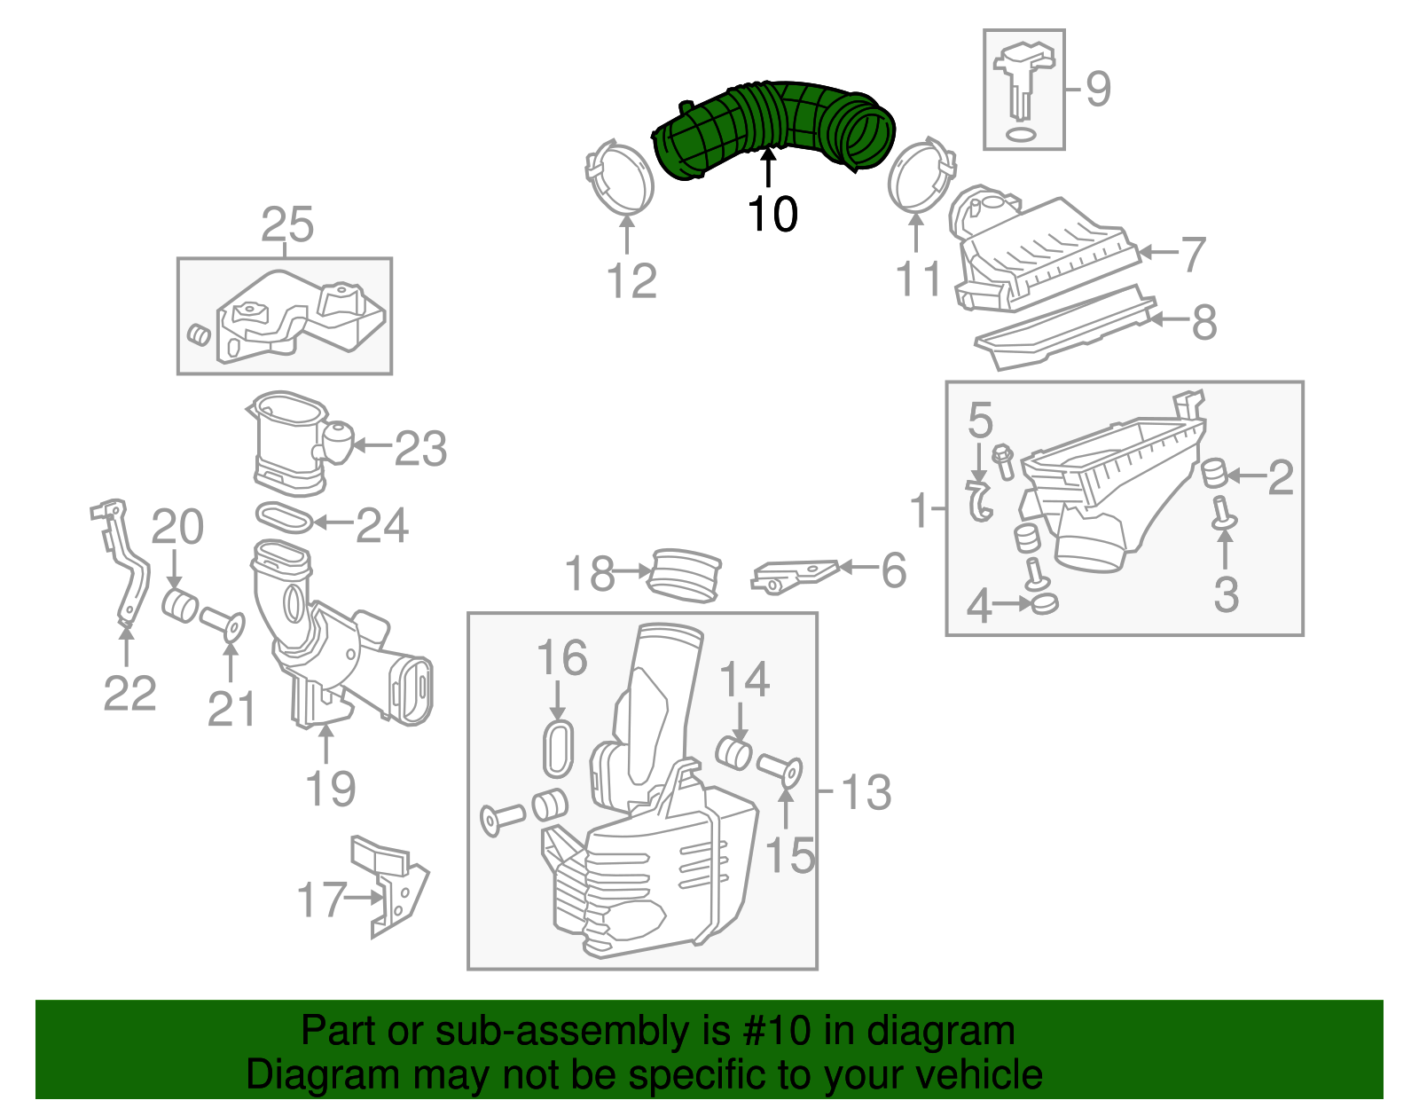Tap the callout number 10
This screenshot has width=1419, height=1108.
[772, 215]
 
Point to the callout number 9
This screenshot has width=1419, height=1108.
[1098, 90]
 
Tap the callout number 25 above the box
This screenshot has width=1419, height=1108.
[287, 225]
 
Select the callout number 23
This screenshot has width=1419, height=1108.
[419, 449]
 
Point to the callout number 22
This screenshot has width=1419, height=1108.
[129, 693]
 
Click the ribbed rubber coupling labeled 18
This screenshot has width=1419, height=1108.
[686, 576]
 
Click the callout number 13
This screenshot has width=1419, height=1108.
[866, 792]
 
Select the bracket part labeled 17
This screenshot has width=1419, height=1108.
[396, 887]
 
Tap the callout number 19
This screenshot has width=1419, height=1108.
[330, 789]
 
